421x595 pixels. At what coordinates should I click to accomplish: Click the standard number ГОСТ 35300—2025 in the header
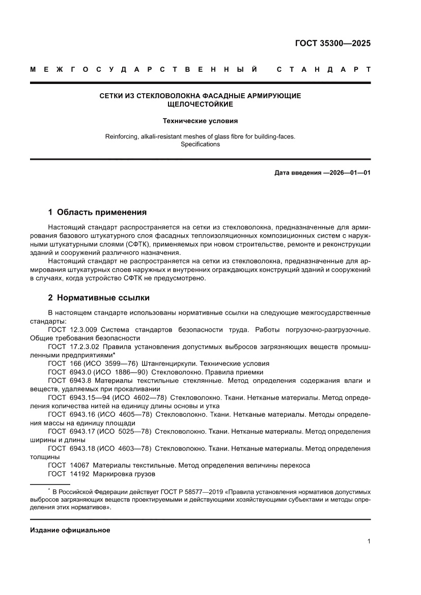(332, 43)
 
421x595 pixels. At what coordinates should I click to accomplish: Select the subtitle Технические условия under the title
(200, 121)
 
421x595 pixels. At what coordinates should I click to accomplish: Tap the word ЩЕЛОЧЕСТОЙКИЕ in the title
(200, 104)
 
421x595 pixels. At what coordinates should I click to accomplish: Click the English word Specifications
(200, 145)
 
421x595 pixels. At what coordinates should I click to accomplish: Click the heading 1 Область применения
(97, 212)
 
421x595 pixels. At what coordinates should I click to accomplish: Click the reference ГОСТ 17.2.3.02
(71, 346)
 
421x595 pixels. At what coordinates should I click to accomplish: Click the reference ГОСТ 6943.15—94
(74, 396)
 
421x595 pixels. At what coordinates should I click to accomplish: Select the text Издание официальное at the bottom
(70, 530)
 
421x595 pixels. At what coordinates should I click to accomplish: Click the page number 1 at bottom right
(368, 542)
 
